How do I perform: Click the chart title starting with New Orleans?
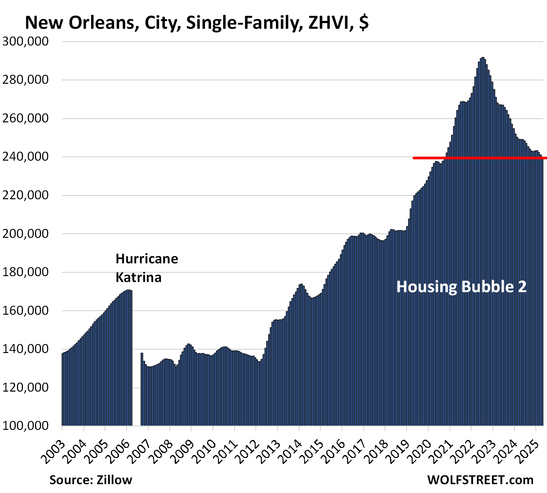coord(197,23)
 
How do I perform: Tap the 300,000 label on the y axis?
coord(26,42)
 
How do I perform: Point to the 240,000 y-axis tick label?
coord(26,157)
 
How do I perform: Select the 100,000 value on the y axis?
coord(26,426)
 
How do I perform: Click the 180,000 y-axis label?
coord(26,272)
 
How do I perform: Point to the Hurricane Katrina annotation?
coord(147,268)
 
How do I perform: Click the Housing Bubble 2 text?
coord(461,287)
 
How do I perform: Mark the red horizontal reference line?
coord(479,158)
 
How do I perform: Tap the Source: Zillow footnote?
coord(91,480)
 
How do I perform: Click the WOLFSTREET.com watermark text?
coord(480,480)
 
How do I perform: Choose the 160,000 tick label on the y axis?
coord(26,310)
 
